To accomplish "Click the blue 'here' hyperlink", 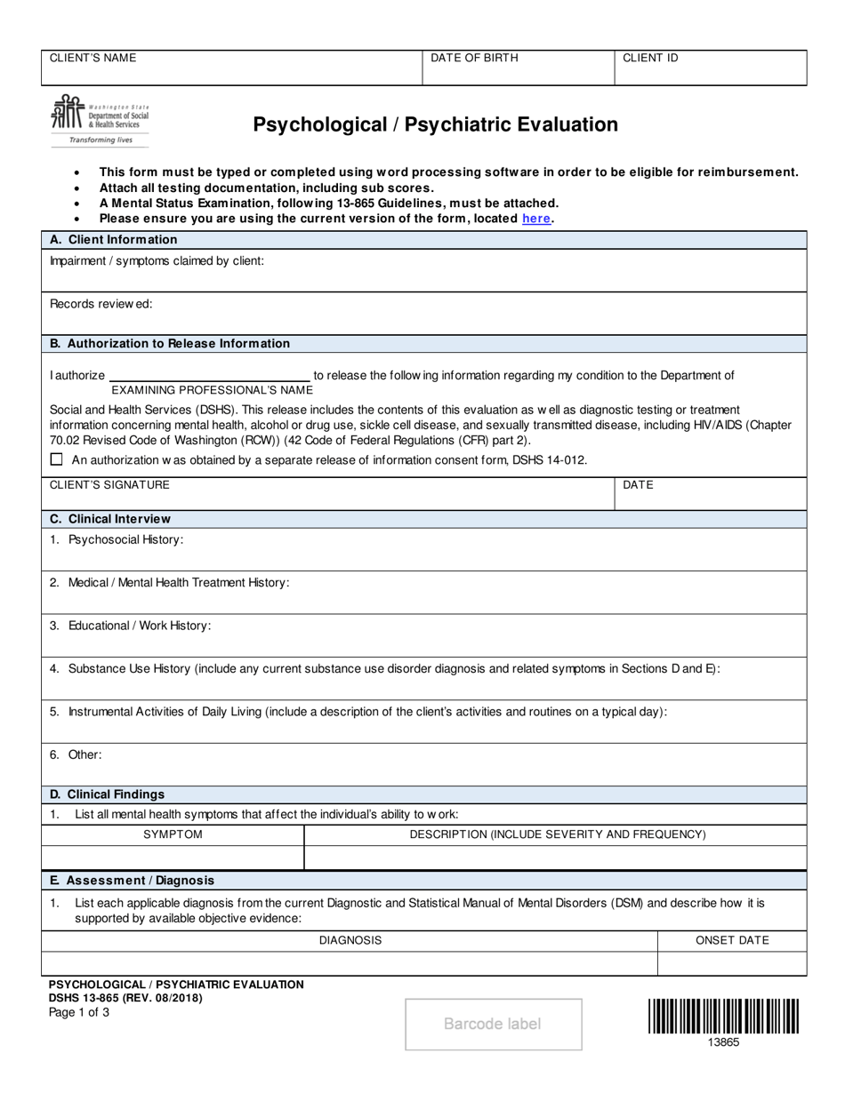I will tap(535, 219).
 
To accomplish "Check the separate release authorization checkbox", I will tap(57, 459).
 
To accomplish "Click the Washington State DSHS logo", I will tap(101, 119).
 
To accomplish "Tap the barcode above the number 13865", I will tap(722, 1016).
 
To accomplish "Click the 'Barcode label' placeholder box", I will tap(493, 1024).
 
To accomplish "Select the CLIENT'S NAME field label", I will tap(93, 58).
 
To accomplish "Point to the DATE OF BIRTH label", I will tap(474, 58).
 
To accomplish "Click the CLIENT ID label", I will tap(650, 58).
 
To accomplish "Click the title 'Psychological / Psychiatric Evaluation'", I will tap(435, 124).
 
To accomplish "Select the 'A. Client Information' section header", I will tap(114, 240).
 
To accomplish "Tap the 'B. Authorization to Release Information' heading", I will tap(170, 344).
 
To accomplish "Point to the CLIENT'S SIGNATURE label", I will tap(109, 484).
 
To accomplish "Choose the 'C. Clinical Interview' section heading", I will tap(110, 519).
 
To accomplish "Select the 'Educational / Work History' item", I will tap(131, 626).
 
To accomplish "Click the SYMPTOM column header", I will tap(173, 834).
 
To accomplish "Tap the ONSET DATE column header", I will tap(732, 940).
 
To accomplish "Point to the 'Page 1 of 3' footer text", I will tap(79, 1011).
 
